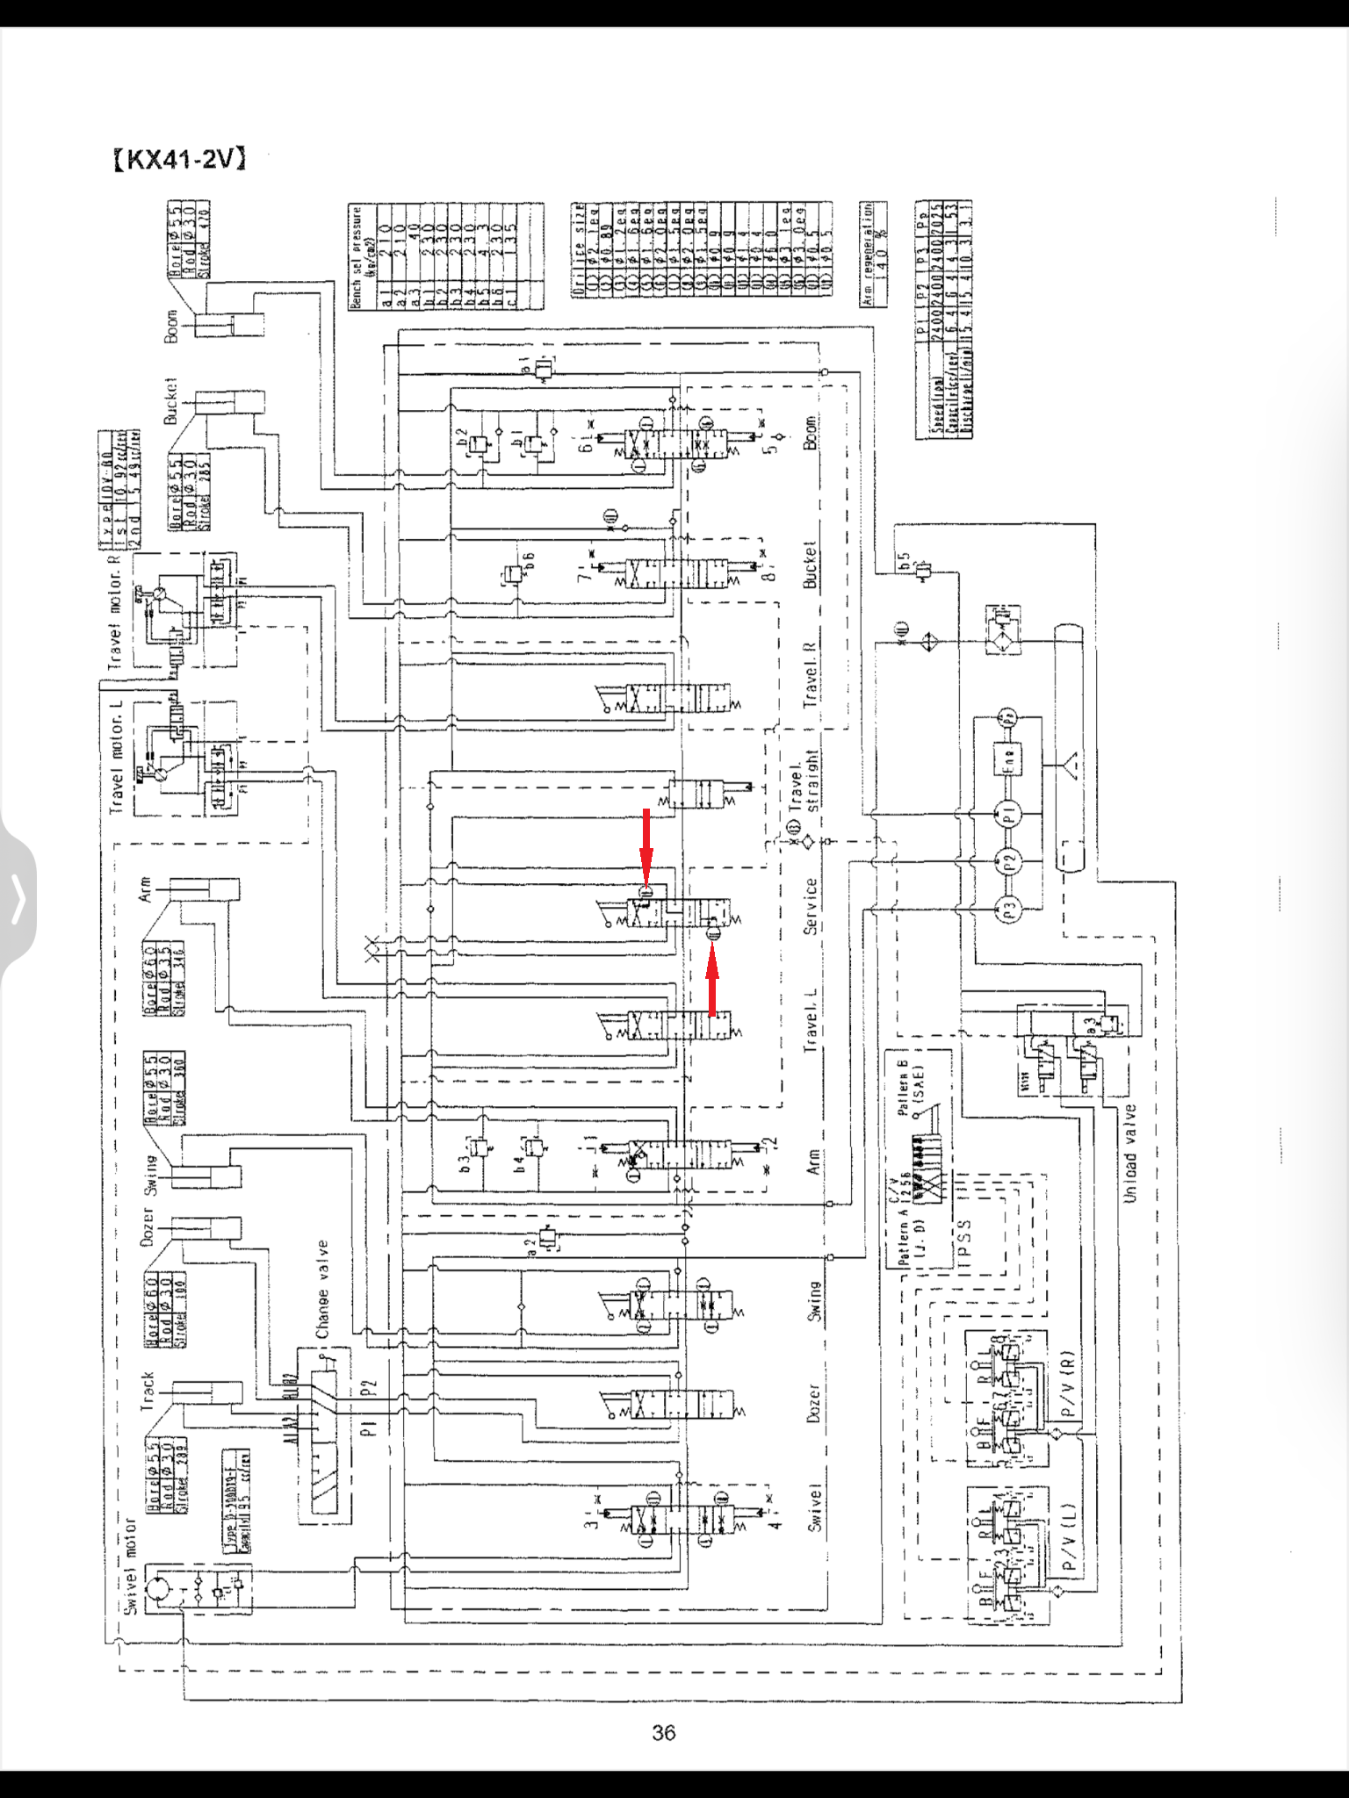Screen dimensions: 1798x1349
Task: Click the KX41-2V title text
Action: (x=180, y=159)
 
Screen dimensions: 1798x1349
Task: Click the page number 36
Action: (x=664, y=1732)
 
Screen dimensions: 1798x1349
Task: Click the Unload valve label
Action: (x=1129, y=1153)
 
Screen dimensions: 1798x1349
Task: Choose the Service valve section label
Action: (x=810, y=905)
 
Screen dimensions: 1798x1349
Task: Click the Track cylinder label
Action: (x=146, y=1392)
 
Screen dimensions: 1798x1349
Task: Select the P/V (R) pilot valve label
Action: (x=1066, y=1383)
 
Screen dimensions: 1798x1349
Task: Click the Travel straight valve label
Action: (x=803, y=780)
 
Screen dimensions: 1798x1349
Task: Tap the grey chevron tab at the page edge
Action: (x=18, y=899)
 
